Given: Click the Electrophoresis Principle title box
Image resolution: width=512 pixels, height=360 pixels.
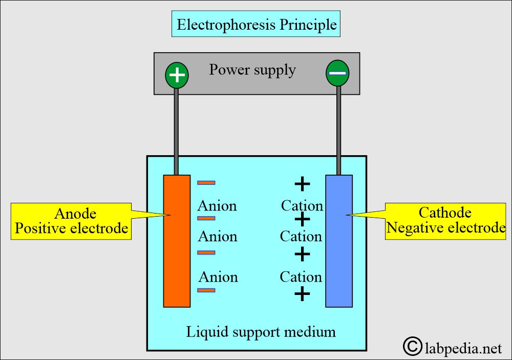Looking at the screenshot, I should [x=257, y=24].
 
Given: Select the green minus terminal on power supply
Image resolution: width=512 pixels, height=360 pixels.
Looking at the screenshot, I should [x=337, y=73].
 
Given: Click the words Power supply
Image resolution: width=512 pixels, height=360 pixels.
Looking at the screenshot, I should [x=252, y=69].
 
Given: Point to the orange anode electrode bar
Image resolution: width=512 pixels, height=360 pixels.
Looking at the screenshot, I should [x=177, y=241].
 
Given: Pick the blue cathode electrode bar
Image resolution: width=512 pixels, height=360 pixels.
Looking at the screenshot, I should [x=339, y=241].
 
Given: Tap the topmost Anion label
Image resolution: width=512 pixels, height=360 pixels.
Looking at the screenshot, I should [x=217, y=206].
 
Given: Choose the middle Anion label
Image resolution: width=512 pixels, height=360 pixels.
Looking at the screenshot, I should [x=218, y=237].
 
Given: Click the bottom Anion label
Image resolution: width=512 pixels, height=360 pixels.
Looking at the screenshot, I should [x=218, y=277].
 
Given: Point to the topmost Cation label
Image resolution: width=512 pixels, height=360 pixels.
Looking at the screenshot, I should [x=302, y=206].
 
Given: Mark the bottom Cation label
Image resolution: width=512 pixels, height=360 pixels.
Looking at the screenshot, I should [x=301, y=277].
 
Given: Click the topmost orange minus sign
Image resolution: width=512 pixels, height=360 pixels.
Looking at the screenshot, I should [x=206, y=182].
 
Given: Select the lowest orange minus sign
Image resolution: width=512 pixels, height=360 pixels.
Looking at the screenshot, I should [x=206, y=290].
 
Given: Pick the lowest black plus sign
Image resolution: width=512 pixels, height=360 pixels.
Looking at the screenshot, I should [x=303, y=293].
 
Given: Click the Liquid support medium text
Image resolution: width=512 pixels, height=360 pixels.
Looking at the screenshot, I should [x=261, y=332].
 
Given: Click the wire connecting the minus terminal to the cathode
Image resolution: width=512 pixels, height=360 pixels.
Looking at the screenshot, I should [x=338, y=128].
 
